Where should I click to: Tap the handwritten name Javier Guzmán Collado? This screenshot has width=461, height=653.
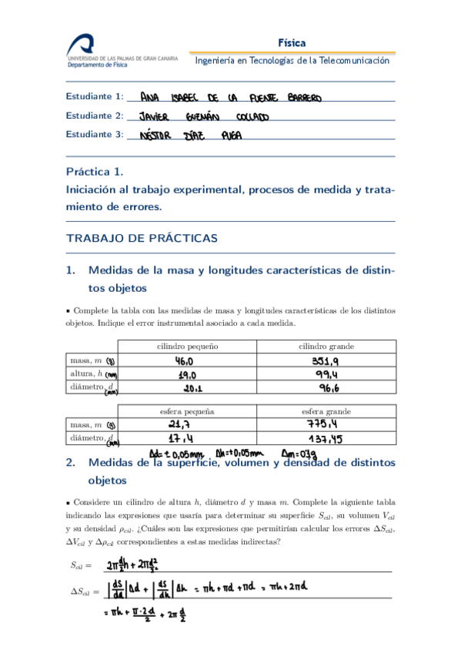click(203, 117)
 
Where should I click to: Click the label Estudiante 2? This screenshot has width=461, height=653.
click(95, 116)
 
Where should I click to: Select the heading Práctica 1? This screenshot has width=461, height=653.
click(94, 172)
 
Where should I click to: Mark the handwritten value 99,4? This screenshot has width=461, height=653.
click(326, 373)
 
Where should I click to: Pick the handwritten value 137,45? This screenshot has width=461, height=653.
click(327, 439)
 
